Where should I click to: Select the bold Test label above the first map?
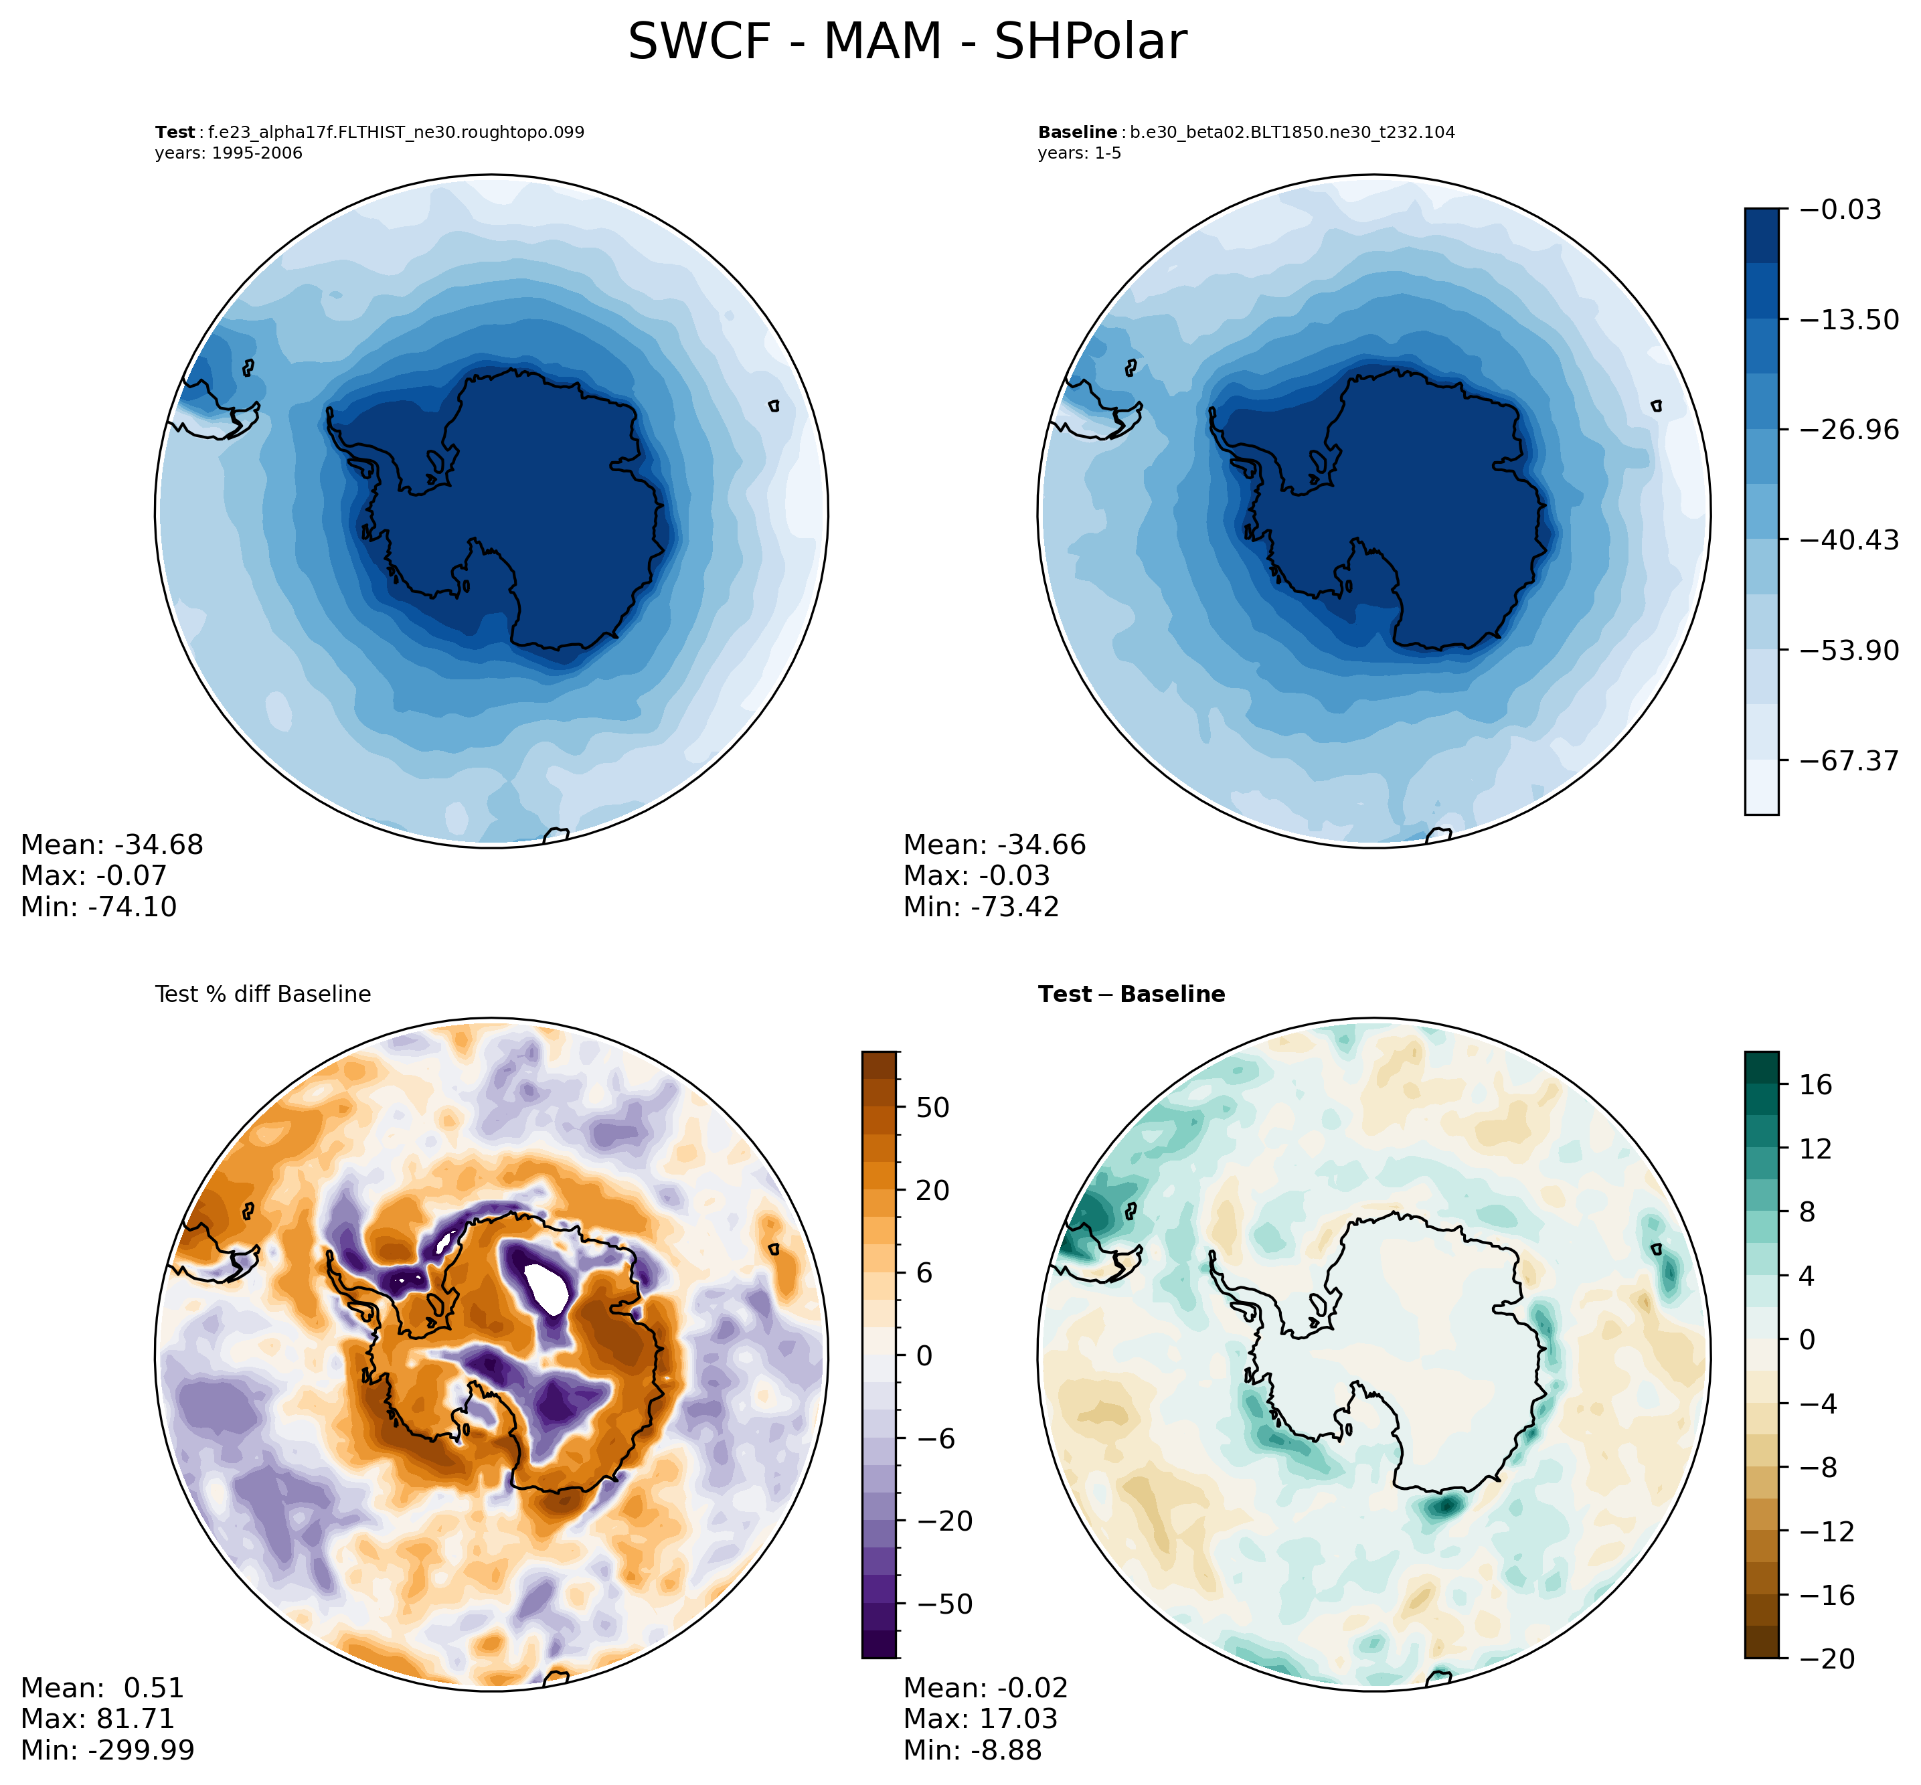click(175, 133)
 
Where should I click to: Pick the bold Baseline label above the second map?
click(1077, 133)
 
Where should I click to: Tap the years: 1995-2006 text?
click(229, 153)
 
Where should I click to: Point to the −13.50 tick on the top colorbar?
click(1847, 320)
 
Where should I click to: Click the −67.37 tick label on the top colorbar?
click(1847, 761)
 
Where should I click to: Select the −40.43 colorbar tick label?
click(1847, 540)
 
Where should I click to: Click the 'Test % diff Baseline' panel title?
click(262, 995)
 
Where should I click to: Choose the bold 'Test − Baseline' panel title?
click(1131, 995)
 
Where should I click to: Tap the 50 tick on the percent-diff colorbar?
click(933, 1108)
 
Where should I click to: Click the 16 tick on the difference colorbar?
click(1816, 1086)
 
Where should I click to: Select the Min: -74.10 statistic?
click(98, 907)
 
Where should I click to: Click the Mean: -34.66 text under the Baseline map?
click(995, 845)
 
